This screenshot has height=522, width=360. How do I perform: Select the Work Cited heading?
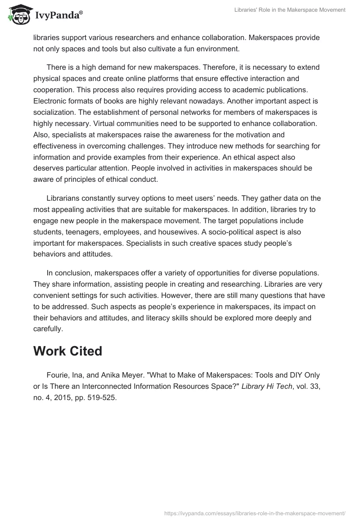point(67,351)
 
